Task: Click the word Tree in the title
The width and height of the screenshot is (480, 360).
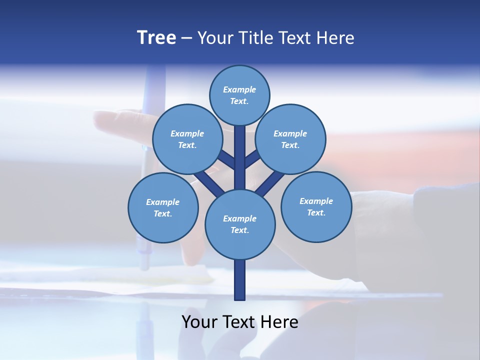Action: (156, 37)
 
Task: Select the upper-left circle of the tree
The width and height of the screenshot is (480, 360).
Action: (187, 139)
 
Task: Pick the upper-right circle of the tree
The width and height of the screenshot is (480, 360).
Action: (290, 139)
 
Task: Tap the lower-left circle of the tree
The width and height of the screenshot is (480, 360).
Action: (163, 207)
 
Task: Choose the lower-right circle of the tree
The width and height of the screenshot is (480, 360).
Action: (316, 206)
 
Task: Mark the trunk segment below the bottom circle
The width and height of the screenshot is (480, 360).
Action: (240, 280)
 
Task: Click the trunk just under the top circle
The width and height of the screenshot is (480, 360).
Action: (240, 145)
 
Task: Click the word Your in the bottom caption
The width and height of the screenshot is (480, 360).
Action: (199, 322)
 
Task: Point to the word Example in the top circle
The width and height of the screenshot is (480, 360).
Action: (239, 89)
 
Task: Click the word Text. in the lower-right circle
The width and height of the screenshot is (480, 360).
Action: (316, 212)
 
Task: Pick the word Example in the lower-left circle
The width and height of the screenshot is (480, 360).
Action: (162, 202)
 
